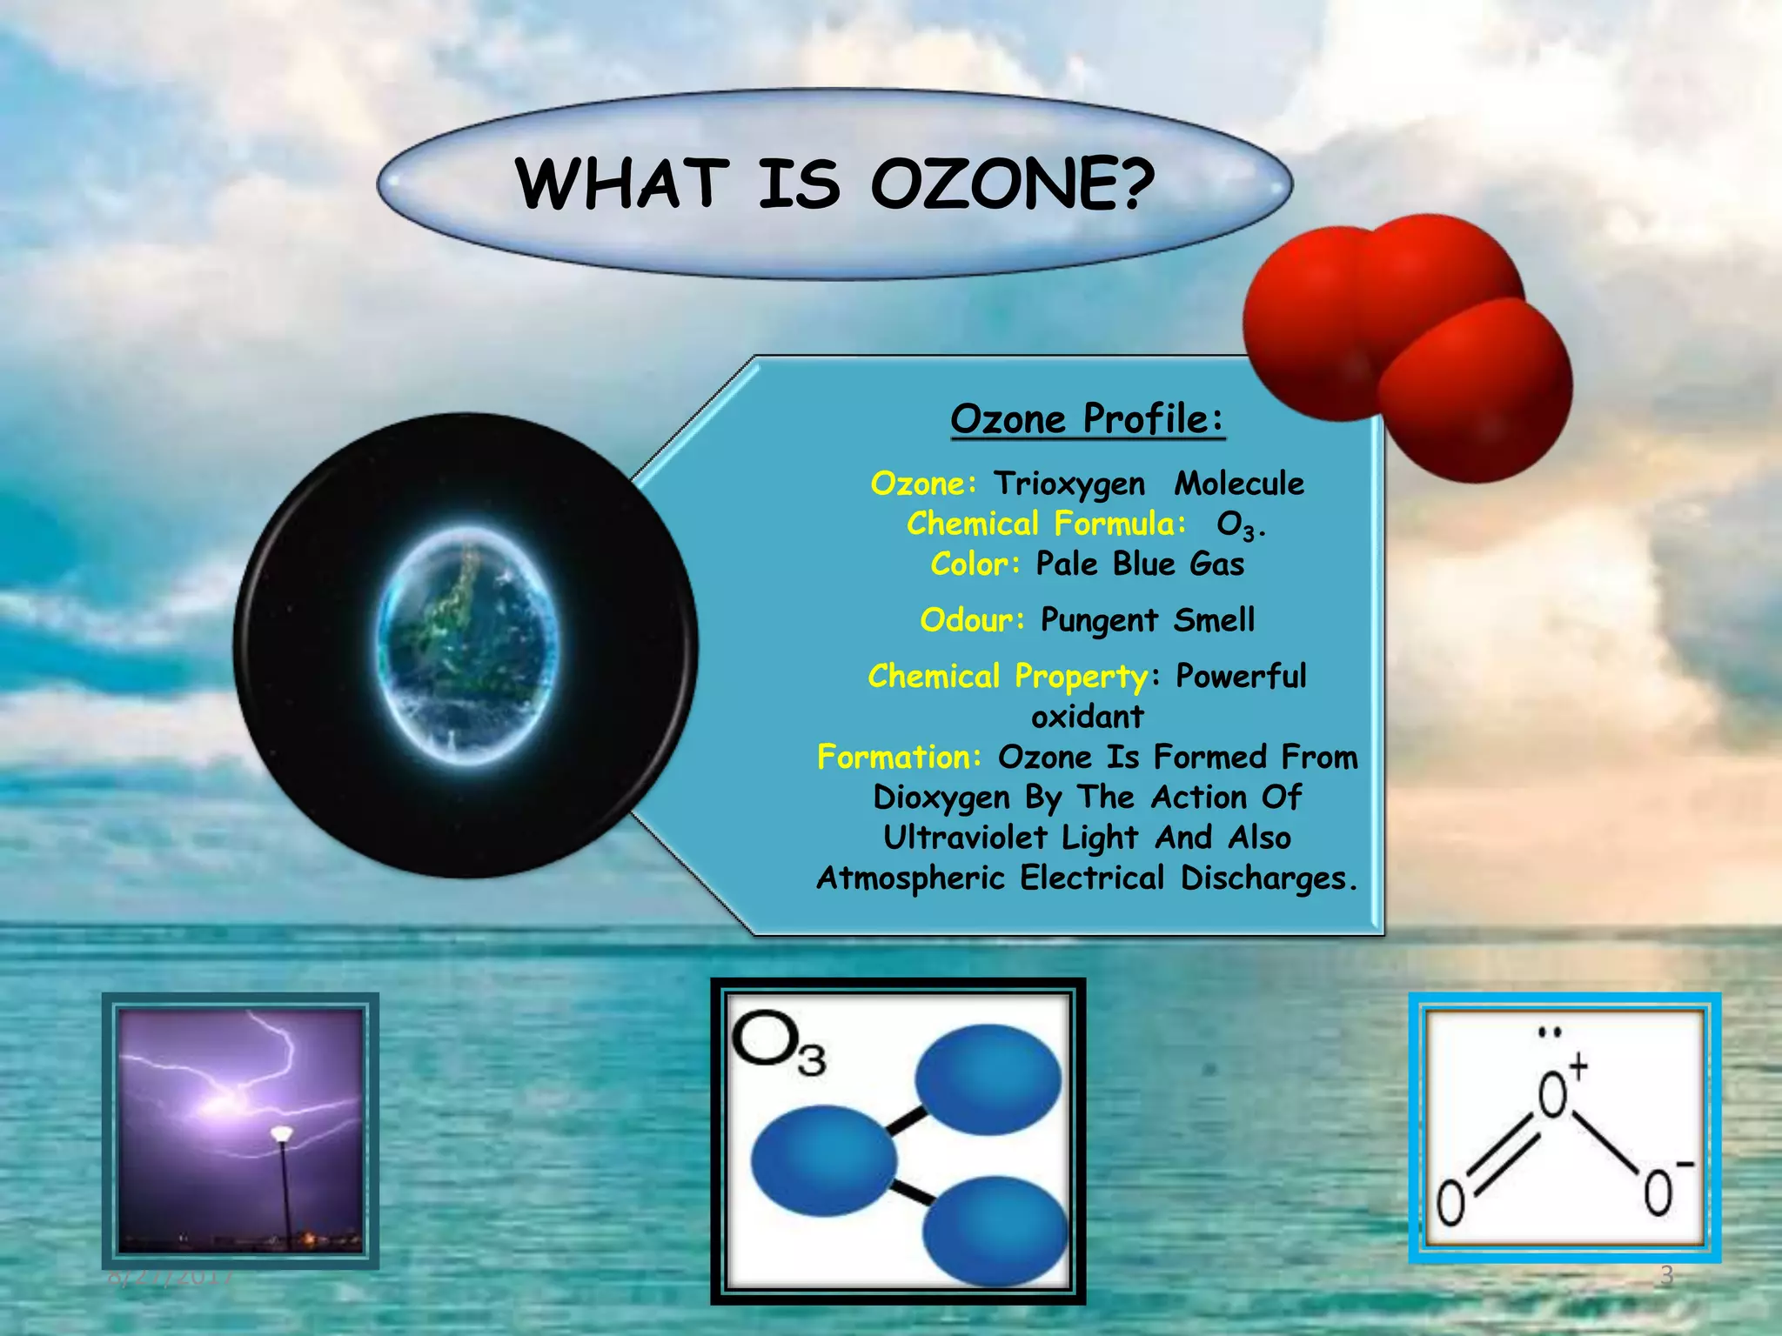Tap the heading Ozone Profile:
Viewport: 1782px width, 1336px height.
coord(1087,418)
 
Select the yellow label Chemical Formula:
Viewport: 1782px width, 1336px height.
coord(1046,524)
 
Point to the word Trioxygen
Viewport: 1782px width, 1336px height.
coord(1069,484)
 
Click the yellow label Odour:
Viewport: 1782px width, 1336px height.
coord(972,620)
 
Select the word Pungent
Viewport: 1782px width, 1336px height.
coord(1099,621)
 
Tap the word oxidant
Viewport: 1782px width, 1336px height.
coord(1087,717)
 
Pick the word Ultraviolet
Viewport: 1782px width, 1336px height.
coord(964,838)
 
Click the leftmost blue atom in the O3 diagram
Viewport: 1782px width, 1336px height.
coord(823,1160)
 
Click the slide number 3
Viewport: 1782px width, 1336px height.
coord(1666,1275)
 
